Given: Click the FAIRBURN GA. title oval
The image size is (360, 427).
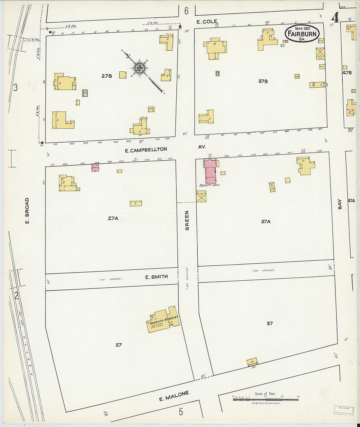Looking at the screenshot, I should pos(302,33).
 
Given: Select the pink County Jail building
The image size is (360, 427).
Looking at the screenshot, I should pos(210,171).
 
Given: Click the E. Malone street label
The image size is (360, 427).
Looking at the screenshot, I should pos(174,396).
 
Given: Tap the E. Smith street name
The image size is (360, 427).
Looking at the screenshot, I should pos(156,277).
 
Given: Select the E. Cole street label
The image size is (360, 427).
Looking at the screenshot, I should pos(207,22).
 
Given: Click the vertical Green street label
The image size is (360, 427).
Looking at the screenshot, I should pos(187,220).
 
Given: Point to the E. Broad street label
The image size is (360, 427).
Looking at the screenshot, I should pos(27,211).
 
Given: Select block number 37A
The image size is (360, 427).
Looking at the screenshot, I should pos(266,222).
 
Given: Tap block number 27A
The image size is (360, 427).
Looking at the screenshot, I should pos(113,218).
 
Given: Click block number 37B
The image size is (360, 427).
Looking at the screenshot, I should pos(263,81).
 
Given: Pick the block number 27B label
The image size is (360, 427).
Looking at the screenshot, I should pos(107,76).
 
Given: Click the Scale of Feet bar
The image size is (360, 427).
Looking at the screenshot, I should pos(265,399).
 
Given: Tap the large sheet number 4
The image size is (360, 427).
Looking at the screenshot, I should pos(335,18).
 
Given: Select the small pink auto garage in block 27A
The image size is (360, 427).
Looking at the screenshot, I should pos(95,167).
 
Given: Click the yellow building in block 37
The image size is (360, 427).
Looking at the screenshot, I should pos(252,362).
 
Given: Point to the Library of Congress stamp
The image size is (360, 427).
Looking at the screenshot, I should pos(343,410).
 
